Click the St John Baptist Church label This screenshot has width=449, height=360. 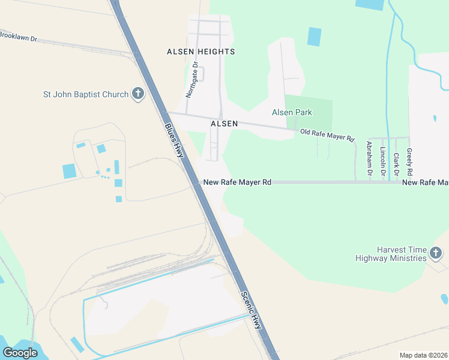point(86,94)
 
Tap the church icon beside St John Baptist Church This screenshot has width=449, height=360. point(138,94)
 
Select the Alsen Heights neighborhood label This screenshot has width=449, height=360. point(200,52)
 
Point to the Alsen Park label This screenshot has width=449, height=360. point(292,112)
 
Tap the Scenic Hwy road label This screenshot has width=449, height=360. point(252,310)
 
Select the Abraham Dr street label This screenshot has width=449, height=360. point(369,158)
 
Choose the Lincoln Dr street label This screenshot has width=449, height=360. point(383,159)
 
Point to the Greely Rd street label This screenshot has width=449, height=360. point(409,161)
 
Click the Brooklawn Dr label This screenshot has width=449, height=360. point(18,37)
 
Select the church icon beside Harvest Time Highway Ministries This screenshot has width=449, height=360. point(436,254)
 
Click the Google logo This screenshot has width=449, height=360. point(20,353)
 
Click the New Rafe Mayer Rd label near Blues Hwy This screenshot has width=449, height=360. point(237,182)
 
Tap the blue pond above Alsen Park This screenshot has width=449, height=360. point(314,36)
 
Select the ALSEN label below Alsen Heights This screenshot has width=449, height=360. point(224,123)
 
